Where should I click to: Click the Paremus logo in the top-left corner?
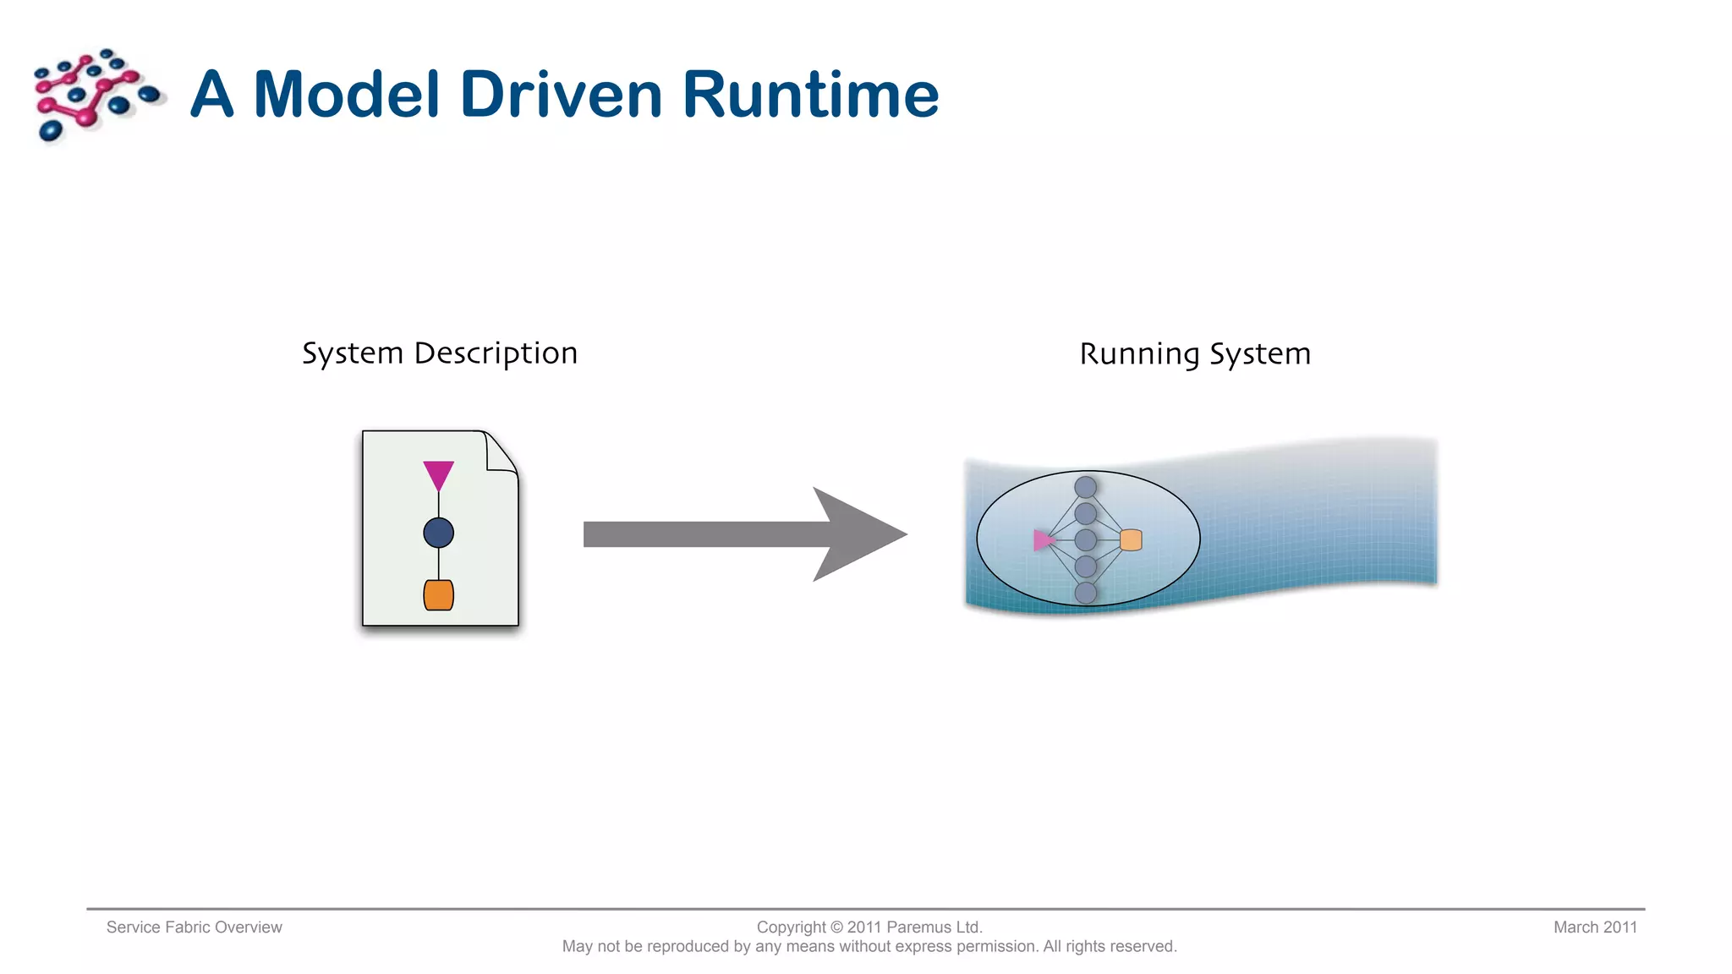(x=96, y=94)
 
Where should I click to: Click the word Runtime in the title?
(x=809, y=94)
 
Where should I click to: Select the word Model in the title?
(x=347, y=94)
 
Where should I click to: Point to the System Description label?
(x=440, y=353)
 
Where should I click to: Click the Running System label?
(x=1195, y=354)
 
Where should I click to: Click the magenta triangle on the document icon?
(x=438, y=474)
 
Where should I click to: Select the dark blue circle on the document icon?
(x=438, y=533)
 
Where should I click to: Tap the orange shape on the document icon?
(x=438, y=595)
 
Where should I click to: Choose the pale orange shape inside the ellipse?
(x=1131, y=540)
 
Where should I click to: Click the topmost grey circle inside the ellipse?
(x=1086, y=487)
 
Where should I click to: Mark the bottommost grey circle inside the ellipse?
(x=1086, y=593)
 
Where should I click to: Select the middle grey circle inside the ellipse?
(x=1086, y=539)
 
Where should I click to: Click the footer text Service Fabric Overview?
(x=194, y=927)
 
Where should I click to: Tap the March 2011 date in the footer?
(x=1595, y=927)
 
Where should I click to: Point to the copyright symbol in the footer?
(x=836, y=927)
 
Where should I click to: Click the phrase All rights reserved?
(x=1110, y=947)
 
